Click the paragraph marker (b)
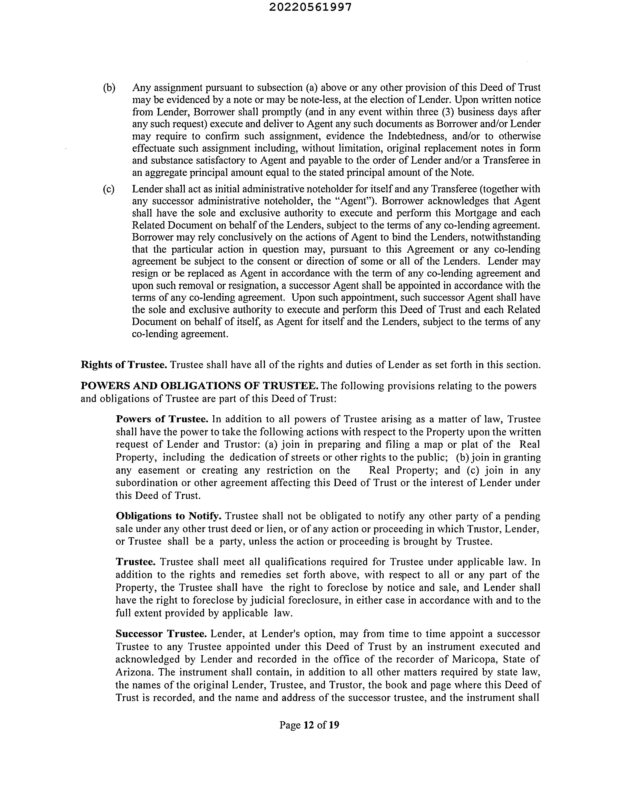109,88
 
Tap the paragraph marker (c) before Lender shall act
109,189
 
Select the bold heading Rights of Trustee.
124,365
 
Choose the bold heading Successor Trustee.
161,634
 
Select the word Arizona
131,672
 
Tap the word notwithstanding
501,237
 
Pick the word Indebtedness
417,136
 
